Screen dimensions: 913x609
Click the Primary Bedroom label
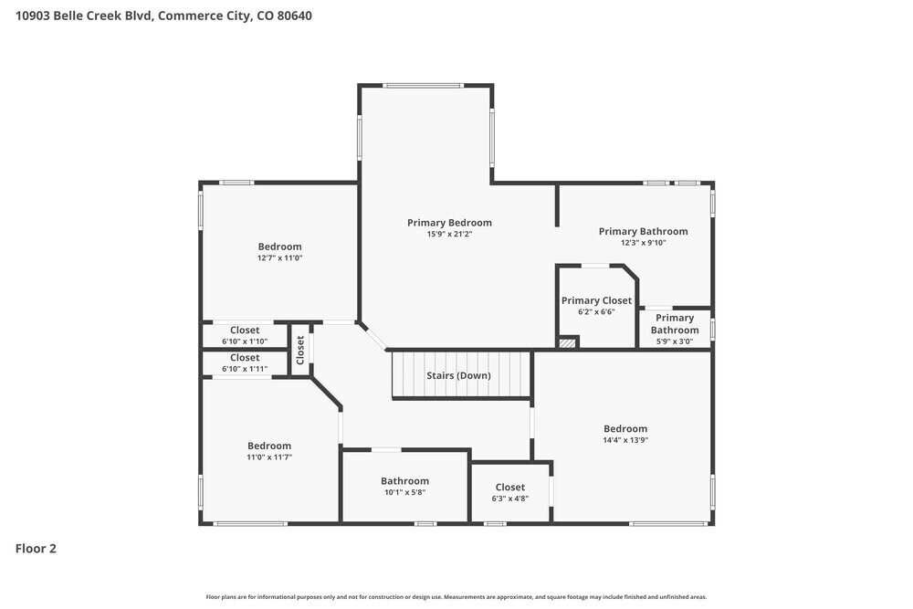coord(449,223)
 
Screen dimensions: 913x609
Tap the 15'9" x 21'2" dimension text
coord(449,234)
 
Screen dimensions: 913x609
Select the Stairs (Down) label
coord(458,375)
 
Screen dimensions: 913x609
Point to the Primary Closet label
coord(596,300)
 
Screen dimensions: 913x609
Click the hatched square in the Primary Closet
coord(567,343)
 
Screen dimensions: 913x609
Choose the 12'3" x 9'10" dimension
coord(643,243)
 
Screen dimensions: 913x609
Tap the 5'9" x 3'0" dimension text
coord(675,341)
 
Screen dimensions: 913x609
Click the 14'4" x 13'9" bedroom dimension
coord(625,440)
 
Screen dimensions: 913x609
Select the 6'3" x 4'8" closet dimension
coord(510,499)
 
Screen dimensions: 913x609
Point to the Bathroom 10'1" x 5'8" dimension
coord(404,492)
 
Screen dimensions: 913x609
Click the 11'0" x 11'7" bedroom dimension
coord(269,457)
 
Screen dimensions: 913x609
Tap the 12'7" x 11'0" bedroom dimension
coord(279,257)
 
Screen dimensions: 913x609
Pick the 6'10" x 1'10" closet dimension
coord(245,341)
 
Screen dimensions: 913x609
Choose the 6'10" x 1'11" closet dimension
coord(245,369)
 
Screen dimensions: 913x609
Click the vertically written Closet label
coord(299,350)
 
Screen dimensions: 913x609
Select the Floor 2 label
coord(36,549)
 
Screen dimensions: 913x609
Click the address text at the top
coord(163,16)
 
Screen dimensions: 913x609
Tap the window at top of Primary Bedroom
coord(423,86)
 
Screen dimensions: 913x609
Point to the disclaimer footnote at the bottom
coord(456,597)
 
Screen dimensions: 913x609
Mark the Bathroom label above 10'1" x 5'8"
coord(404,481)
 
